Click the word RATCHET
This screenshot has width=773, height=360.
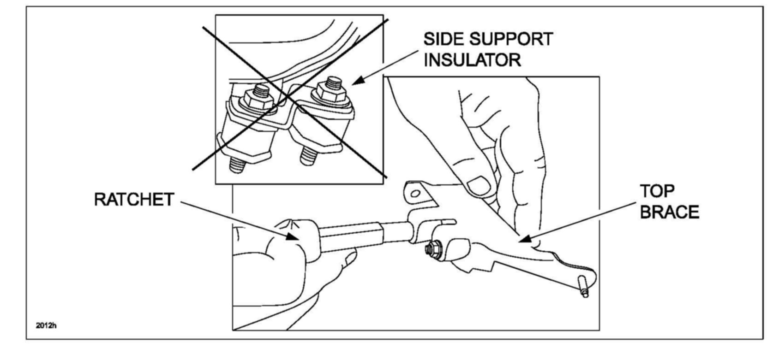pos(134,200)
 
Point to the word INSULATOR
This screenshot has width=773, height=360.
pos(472,60)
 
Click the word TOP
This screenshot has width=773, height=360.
pos(657,191)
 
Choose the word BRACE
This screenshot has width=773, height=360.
pos(670,212)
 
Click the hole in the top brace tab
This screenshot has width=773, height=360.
pos(415,194)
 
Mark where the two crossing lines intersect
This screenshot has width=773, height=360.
pos(288,97)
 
